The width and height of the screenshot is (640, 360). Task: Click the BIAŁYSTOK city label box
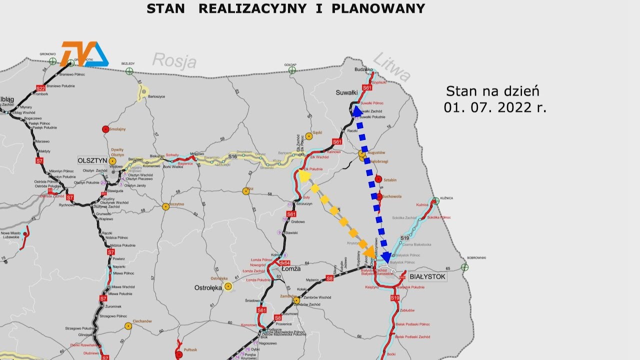click(427, 276)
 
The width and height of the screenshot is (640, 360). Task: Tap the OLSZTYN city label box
click(92, 160)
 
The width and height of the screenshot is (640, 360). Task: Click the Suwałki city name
click(346, 92)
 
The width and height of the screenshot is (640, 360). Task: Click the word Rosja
click(174, 61)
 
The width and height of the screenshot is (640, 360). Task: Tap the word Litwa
click(392, 66)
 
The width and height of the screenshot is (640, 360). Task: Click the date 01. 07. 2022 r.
click(494, 107)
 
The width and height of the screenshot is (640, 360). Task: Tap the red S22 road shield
click(41, 88)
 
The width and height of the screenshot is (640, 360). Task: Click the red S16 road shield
click(232, 157)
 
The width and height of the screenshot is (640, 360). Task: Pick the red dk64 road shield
click(284, 262)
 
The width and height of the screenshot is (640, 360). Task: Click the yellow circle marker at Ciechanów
click(128, 326)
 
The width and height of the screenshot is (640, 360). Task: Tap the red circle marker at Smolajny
click(105, 129)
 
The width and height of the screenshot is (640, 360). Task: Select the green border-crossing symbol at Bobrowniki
click(465, 267)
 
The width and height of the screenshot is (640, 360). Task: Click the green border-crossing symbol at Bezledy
click(129, 71)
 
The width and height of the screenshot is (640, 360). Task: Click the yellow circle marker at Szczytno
click(165, 206)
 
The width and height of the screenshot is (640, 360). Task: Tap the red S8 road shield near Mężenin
click(329, 278)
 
